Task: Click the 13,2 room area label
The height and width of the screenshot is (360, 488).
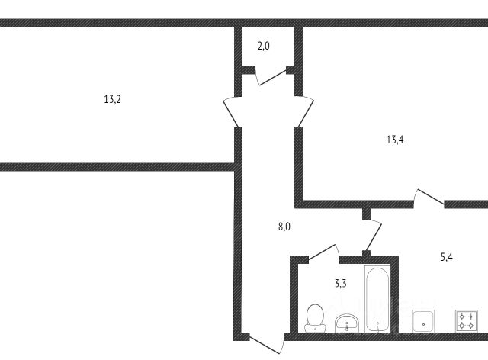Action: (112, 99)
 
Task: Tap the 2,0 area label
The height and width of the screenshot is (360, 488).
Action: (263, 47)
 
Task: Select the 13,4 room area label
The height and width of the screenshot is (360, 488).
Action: (394, 139)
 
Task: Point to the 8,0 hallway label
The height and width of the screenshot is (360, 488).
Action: (284, 227)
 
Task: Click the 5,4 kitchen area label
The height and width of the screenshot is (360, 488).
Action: (447, 257)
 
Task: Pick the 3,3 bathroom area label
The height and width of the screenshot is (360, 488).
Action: (341, 284)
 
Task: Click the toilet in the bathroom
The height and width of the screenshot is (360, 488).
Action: (313, 317)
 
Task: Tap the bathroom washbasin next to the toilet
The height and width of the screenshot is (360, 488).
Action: (347, 323)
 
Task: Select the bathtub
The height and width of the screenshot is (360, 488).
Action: (377, 298)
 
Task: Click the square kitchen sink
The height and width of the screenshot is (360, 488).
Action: (422, 320)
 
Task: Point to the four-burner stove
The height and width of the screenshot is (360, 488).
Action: (465, 320)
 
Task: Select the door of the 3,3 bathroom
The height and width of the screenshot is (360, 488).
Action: (322, 252)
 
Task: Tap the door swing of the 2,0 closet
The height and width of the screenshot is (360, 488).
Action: (268, 76)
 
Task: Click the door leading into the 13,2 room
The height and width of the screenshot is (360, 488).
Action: (231, 113)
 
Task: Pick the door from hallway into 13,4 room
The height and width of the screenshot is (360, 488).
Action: (303, 113)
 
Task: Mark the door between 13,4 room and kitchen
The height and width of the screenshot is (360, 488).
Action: (429, 196)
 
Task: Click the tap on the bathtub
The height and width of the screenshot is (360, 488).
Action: (377, 326)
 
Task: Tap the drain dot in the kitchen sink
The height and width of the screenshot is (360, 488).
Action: (422, 326)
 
